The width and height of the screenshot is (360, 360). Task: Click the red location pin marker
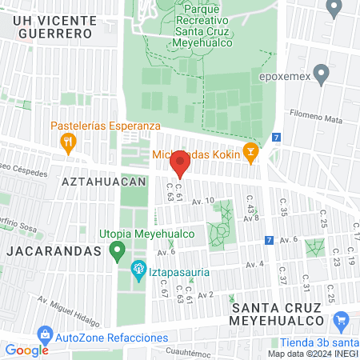(x=180, y=164)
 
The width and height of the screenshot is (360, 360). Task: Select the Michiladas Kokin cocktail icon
(x=250, y=150)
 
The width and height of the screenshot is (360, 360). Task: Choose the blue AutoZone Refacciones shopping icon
(x=46, y=333)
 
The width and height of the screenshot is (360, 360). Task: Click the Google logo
(x=26, y=350)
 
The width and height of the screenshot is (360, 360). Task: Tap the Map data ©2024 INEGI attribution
(x=312, y=354)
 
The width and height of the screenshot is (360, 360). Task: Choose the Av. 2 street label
(x=206, y=295)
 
